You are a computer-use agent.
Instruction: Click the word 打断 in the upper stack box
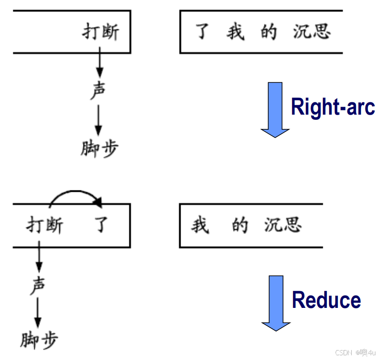click(100, 32)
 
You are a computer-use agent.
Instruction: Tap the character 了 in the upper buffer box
click(203, 32)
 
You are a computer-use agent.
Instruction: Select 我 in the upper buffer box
click(235, 32)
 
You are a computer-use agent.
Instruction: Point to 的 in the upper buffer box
click(268, 32)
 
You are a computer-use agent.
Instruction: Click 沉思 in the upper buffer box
click(311, 32)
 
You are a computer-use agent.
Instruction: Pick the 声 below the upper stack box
click(98, 91)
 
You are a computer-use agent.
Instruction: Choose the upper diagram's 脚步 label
click(99, 148)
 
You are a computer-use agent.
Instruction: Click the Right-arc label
click(333, 107)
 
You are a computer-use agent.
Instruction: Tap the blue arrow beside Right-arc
click(275, 109)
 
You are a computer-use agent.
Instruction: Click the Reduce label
click(326, 300)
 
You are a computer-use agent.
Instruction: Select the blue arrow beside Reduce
click(276, 303)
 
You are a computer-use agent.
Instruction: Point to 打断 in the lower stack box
click(44, 225)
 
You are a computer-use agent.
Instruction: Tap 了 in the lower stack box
click(101, 225)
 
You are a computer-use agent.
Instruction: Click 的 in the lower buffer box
click(240, 225)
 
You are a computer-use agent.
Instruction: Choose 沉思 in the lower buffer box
click(283, 225)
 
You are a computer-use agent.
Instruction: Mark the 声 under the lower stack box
click(38, 286)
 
